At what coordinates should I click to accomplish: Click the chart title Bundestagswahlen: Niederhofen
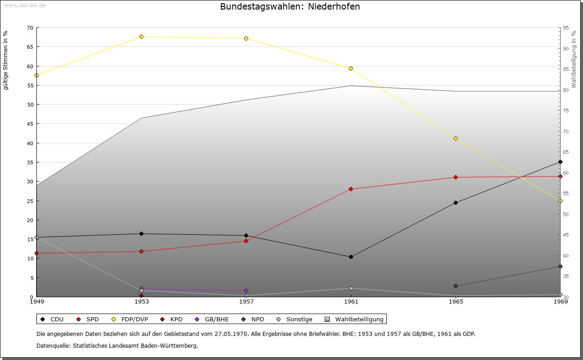[x=290, y=7]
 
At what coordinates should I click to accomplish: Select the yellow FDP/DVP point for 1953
[x=141, y=36]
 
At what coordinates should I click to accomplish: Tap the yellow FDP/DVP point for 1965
[x=455, y=138]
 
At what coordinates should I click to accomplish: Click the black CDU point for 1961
[x=351, y=257]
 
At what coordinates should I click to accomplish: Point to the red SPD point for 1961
[x=351, y=189]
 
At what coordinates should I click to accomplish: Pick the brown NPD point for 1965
[x=455, y=286]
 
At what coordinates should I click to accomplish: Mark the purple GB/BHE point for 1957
[x=246, y=290]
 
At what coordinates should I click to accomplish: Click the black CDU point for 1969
[x=560, y=162]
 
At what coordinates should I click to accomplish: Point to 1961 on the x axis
[x=351, y=301]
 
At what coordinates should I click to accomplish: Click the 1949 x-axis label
[x=36, y=301]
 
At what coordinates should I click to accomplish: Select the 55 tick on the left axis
[x=30, y=85]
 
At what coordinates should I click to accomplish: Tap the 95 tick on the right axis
[x=565, y=28]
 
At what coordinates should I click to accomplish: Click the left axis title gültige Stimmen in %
[x=5, y=60]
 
